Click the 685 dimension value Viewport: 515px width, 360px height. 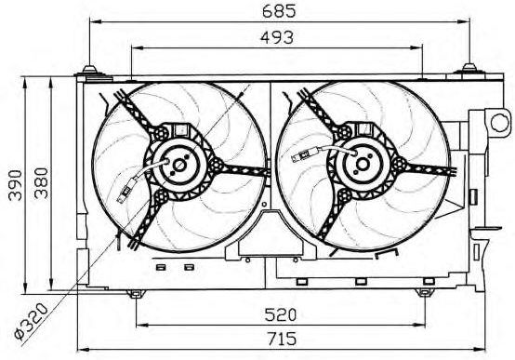[279, 10]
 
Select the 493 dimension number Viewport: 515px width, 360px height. [277, 37]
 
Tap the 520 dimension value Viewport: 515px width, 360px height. [281, 314]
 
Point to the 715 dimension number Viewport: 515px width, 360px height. [281, 339]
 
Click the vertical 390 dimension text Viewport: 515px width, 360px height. [15, 185]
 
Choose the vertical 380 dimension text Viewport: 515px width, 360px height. [41, 183]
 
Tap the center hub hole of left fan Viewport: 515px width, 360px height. [179, 166]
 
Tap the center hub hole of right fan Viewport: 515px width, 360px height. [363, 164]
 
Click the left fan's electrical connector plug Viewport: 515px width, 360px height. [125, 191]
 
